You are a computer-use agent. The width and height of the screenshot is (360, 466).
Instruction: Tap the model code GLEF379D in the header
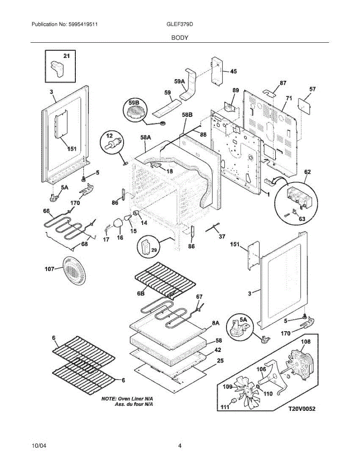pos(179,24)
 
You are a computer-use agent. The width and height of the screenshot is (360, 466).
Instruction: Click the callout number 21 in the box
pos(67,56)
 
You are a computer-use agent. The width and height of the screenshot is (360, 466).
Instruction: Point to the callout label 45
pos(233,71)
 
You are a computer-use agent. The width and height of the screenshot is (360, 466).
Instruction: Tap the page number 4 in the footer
pos(180,446)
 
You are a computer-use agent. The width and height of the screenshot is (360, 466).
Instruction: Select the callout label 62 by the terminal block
pos(307,171)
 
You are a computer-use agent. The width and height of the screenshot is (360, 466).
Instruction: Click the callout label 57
pos(312,89)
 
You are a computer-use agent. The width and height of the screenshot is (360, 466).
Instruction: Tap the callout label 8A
pos(216,322)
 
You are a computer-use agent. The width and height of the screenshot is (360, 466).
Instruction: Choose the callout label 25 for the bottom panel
pos(220,361)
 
